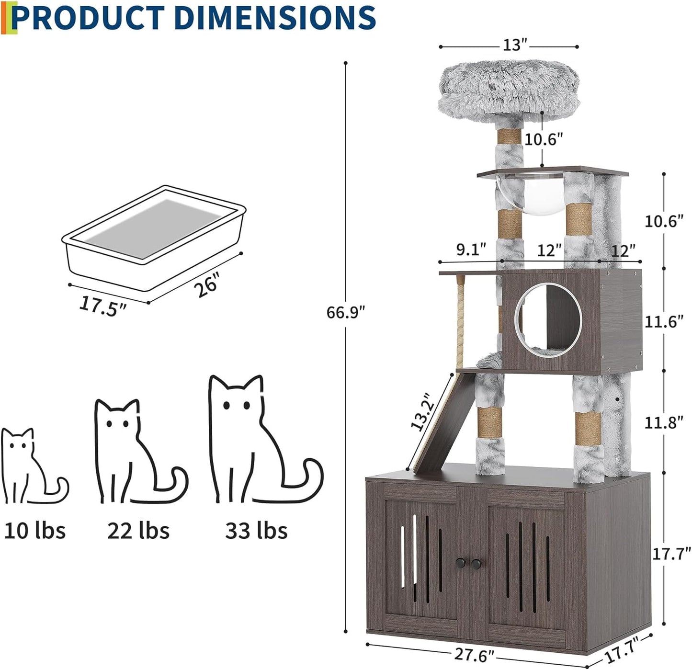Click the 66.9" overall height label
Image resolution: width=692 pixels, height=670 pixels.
pos(345,313)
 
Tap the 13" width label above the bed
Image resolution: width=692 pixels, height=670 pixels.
pos(514,45)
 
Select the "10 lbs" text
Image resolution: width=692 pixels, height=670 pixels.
pos(34,531)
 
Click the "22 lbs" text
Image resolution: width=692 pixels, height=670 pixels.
pos(138,531)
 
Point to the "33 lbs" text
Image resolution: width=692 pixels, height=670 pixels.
pos(256,531)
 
